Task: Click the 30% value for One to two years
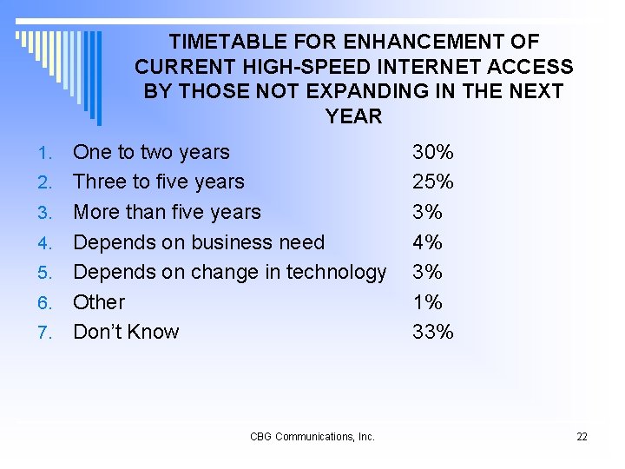click(x=432, y=153)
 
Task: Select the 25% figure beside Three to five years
click(x=432, y=182)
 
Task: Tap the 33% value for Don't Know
click(x=432, y=332)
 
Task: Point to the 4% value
click(x=427, y=242)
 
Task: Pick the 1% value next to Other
click(x=427, y=302)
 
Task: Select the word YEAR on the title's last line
click(x=353, y=116)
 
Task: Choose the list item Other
click(x=99, y=302)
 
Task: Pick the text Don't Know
click(x=126, y=332)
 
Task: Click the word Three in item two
click(x=100, y=182)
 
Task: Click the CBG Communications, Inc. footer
click(x=312, y=437)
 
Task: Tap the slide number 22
click(x=582, y=437)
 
